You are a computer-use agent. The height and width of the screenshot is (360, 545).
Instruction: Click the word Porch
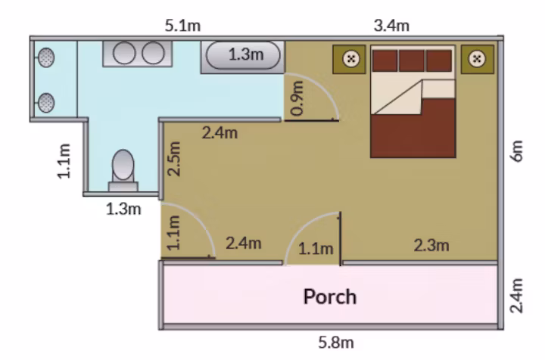click(330, 296)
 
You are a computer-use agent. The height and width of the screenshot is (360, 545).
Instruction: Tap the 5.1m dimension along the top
click(182, 26)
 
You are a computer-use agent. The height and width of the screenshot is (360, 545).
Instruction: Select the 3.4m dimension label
click(391, 26)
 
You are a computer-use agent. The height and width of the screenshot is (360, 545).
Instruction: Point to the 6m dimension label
click(517, 151)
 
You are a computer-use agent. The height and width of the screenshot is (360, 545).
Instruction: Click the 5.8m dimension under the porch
click(336, 343)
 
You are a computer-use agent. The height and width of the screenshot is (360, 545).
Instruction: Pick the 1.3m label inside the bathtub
click(246, 54)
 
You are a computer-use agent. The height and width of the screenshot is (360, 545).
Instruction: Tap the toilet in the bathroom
click(123, 170)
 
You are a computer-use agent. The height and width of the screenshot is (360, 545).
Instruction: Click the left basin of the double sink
click(124, 53)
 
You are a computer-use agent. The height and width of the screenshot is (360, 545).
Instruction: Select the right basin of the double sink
click(153, 53)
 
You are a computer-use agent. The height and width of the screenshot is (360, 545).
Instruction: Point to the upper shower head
click(46, 57)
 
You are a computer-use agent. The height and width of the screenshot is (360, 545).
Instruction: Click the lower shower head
click(46, 103)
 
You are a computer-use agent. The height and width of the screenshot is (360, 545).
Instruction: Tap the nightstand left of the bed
click(349, 59)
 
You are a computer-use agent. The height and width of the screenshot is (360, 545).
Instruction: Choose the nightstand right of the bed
click(477, 59)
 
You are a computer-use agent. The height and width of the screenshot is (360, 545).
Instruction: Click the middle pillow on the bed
click(412, 61)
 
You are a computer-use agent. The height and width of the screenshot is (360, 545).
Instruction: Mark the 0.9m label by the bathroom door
click(297, 98)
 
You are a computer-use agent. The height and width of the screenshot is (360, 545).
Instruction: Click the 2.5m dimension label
click(174, 159)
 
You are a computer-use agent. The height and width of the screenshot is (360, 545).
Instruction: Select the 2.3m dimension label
click(431, 246)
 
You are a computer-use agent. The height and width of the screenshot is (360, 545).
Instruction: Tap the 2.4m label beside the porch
click(517, 296)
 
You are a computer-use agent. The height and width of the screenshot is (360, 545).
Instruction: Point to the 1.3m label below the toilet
click(123, 209)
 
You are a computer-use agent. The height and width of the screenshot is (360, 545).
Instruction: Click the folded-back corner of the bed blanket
click(397, 98)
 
